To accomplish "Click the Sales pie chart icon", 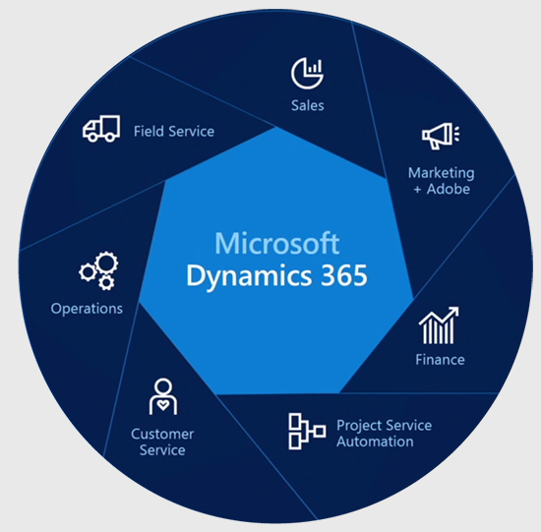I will point(307,73).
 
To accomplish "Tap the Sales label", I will point(307,105).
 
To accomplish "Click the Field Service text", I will point(174,131).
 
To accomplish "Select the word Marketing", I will point(441,173).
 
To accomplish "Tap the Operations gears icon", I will point(98,269).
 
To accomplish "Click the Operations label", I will point(87,309).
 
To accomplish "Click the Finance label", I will point(440,360).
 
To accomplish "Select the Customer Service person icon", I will point(163,396).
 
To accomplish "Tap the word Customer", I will point(162,434).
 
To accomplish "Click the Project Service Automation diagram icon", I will point(306,432).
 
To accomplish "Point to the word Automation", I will point(376,442).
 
